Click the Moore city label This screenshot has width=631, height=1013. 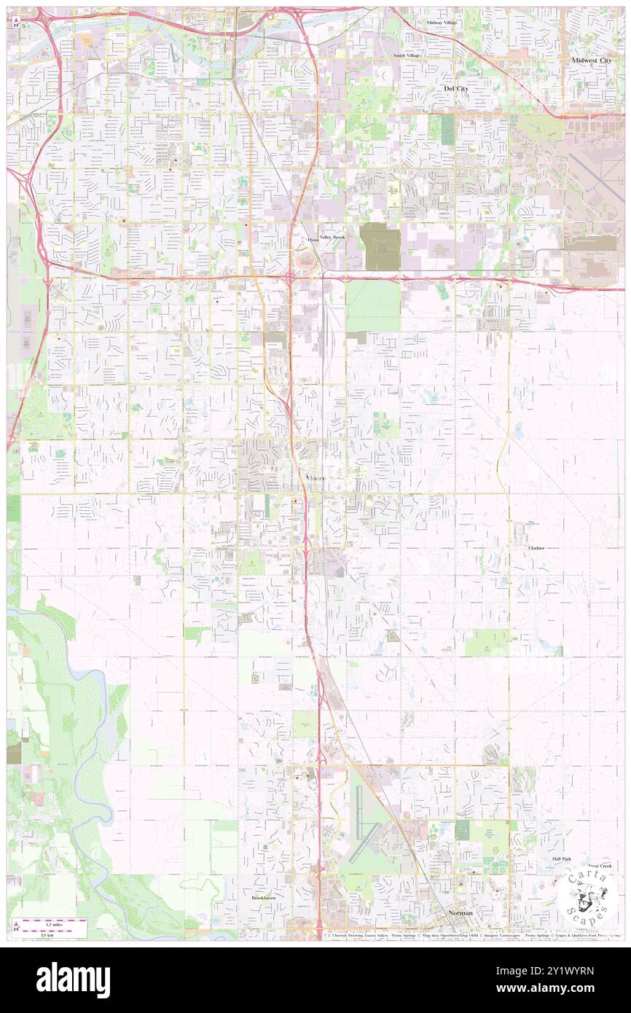[315, 478]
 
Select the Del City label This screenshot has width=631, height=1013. [457, 87]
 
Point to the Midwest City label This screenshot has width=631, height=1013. [592, 60]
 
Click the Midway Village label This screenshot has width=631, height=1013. [442, 23]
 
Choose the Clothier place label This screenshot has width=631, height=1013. [536, 547]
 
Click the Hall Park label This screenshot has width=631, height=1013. [562, 859]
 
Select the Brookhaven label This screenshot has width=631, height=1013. [264, 899]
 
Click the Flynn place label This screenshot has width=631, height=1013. [313, 239]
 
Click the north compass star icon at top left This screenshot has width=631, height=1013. [17, 14]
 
